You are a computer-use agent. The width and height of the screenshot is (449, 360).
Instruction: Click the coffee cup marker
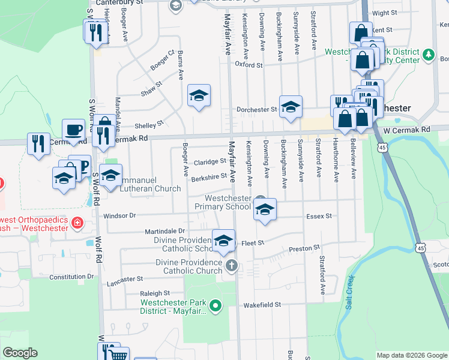pyautogui.click(x=74, y=130)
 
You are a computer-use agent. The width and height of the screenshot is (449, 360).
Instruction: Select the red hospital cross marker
pyautogui.click(x=77, y=224)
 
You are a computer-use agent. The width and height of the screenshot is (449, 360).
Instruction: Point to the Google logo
pyautogui.click(x=20, y=353)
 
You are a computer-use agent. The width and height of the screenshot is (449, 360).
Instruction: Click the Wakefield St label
pyautogui.click(x=262, y=305)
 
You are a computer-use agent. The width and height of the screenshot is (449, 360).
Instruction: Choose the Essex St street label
pyautogui.click(x=319, y=216)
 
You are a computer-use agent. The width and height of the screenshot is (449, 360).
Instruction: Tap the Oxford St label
pyautogui.click(x=249, y=64)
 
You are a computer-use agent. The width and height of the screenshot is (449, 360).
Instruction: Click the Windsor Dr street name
pyautogui.click(x=120, y=215)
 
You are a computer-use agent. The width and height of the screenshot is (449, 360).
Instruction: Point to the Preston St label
pyautogui.click(x=304, y=248)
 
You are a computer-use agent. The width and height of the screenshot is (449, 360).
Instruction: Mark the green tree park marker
pyautogui.click(x=428, y=56)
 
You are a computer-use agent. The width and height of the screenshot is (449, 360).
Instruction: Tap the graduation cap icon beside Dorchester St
pyautogui.click(x=291, y=106)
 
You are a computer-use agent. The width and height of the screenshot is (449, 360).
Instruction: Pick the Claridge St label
pyautogui.click(x=209, y=161)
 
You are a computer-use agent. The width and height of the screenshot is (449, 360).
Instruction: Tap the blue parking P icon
pyautogui.click(x=83, y=166)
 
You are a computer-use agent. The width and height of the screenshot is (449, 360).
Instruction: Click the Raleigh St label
pyautogui.click(x=151, y=293)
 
